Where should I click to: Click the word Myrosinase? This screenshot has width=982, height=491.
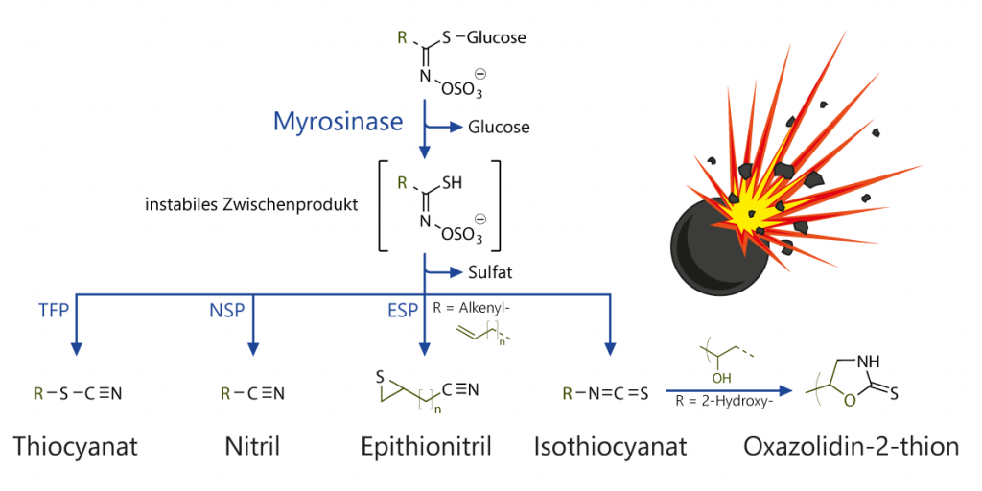pos(338,121)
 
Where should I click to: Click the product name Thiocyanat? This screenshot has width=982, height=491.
pos(76,446)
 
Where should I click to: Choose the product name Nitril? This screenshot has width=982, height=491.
pos(252,446)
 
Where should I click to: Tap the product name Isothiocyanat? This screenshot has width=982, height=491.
pos(610,446)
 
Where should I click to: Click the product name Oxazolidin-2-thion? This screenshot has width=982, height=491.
pos(851,446)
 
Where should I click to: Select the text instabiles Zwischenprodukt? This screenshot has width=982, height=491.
pos(252,204)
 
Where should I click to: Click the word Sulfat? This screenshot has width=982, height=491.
pos(489,272)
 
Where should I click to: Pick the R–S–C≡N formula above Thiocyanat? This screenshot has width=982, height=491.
pos(78,393)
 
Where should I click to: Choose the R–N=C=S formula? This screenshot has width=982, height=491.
pos(605,393)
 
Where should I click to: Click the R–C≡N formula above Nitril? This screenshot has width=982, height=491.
pos(252,393)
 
